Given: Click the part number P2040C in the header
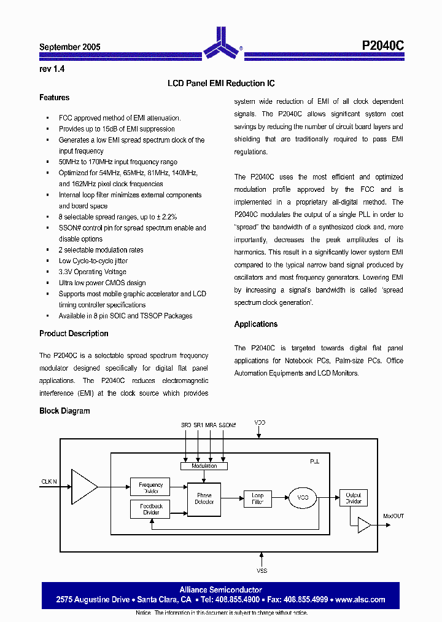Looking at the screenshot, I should [383, 46].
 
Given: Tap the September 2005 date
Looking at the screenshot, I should [70, 47].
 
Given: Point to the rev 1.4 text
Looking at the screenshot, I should [52, 69].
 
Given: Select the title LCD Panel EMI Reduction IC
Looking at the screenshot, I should [221, 83].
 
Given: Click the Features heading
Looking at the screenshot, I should [54, 98].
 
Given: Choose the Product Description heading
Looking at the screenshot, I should [74, 334].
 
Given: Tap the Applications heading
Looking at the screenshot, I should [256, 325].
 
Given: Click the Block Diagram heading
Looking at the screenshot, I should [64, 411].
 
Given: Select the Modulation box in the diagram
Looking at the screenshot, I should [204, 466].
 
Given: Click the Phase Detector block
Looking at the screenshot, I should [204, 498].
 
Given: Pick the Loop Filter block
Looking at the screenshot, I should [258, 498].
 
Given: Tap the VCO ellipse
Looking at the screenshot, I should [303, 498].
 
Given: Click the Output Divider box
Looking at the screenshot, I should [354, 498].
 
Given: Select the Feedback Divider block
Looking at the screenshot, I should [151, 509].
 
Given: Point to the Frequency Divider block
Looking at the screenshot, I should [151, 487].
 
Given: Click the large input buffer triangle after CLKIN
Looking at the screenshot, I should [83, 487].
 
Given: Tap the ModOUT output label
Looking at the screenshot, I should [394, 516].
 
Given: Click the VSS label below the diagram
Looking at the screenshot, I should [262, 571].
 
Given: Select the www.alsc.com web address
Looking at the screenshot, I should [360, 599].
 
